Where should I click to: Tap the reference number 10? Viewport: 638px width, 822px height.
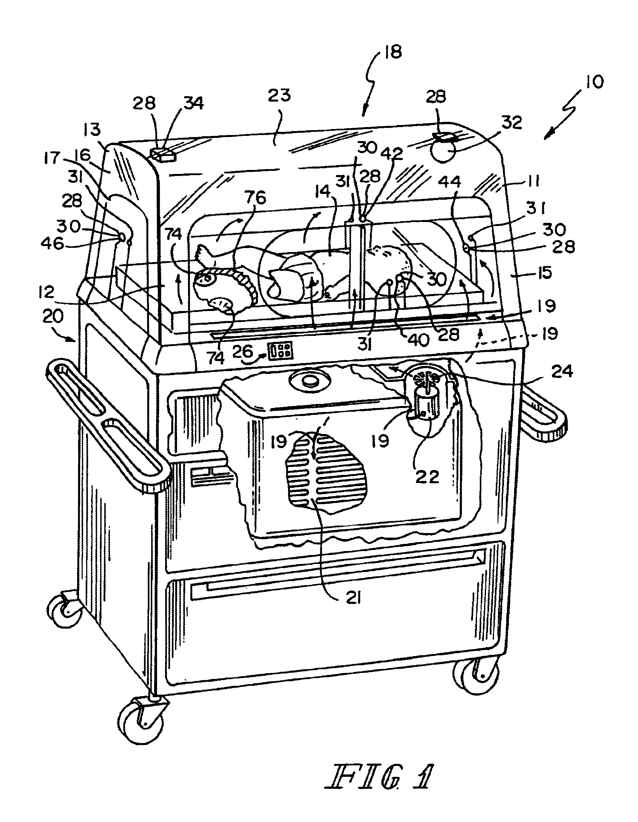point(591,82)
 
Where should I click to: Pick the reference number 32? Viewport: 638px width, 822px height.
point(512,123)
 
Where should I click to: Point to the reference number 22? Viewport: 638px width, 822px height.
point(427,477)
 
